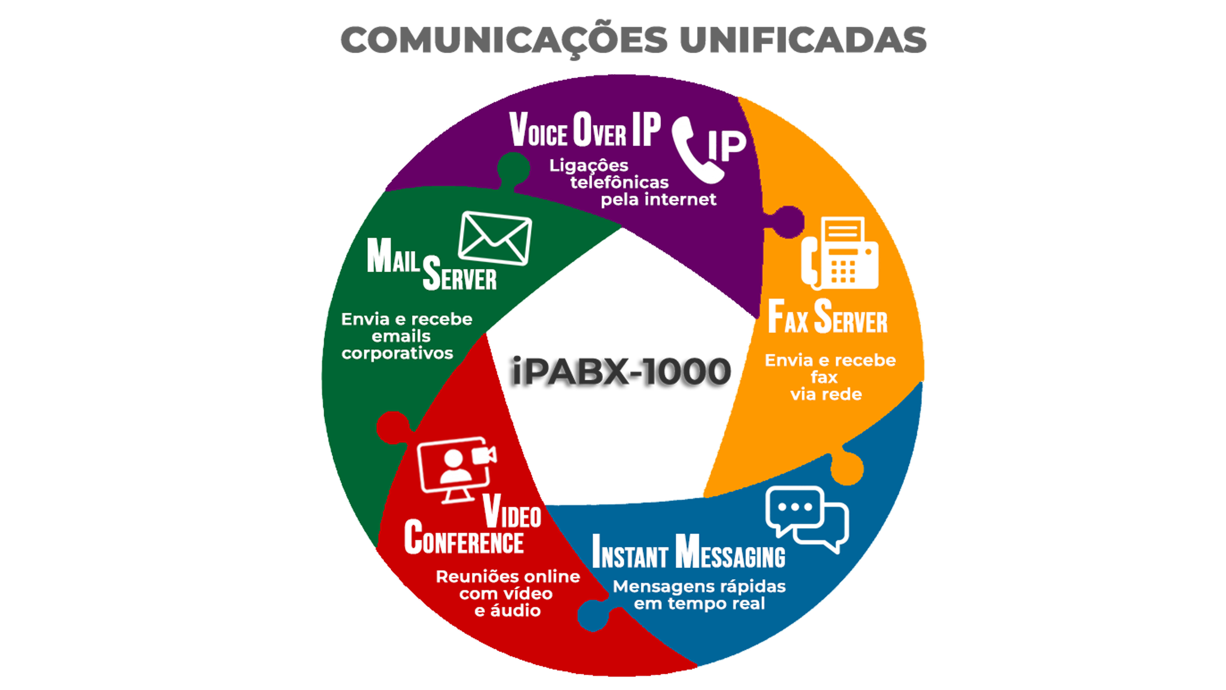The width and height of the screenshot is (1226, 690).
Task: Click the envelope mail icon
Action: click(x=495, y=238)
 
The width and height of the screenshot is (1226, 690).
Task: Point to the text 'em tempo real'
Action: click(x=699, y=604)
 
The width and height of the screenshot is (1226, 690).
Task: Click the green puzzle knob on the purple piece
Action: click(x=514, y=168)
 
